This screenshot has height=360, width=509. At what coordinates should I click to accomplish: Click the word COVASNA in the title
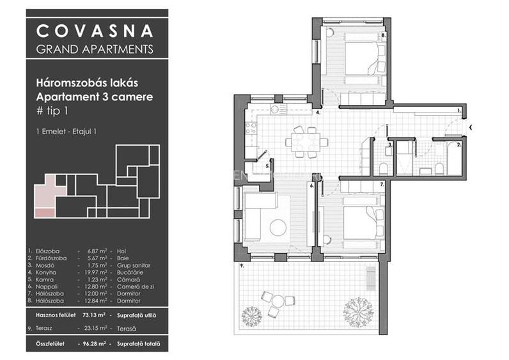94,30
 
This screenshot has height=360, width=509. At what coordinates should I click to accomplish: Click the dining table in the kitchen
305,142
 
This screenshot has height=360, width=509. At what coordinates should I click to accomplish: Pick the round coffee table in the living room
278,226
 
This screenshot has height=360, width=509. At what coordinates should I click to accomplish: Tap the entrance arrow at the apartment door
471,127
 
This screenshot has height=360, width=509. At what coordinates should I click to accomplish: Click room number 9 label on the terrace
242,265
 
